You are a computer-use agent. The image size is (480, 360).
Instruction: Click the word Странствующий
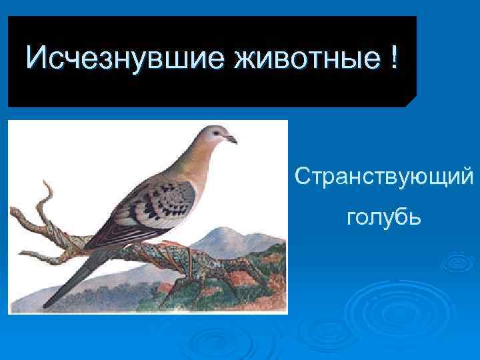pos(385,178)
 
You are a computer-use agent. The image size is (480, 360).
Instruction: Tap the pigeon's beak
pos(231,139)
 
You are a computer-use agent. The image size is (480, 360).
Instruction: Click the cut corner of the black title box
pos(411,101)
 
